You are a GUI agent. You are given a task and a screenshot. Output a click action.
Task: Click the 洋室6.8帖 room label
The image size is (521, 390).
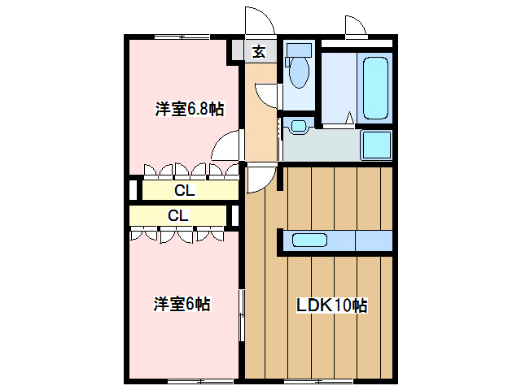(x=190, y=109)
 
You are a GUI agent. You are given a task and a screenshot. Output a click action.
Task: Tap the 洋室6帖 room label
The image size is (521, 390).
(x=182, y=304)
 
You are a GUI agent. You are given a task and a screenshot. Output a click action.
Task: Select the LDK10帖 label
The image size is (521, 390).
(x=332, y=305)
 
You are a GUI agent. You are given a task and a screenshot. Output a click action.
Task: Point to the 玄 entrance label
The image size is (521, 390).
(x=260, y=51)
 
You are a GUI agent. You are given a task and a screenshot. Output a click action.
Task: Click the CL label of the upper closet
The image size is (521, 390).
(x=185, y=190)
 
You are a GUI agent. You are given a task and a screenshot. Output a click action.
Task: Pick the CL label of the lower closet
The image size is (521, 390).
(x=178, y=215)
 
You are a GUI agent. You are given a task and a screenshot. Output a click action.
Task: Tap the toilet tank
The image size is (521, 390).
(x=299, y=50)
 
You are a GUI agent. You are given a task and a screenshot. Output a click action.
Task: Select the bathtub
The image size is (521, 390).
(x=375, y=89)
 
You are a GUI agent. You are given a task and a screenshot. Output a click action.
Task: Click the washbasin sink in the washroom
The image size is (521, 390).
(x=299, y=126)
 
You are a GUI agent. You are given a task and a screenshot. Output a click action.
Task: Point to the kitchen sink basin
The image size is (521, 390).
(x=309, y=240)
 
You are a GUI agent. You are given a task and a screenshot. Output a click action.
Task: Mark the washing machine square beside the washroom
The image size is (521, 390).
(x=377, y=145)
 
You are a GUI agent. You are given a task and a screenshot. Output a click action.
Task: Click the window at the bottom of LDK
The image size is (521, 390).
(x=318, y=380)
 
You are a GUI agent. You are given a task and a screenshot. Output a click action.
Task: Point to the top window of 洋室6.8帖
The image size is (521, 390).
(x=182, y=37)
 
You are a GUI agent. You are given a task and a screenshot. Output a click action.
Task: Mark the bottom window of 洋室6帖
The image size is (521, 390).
(x=201, y=380)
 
